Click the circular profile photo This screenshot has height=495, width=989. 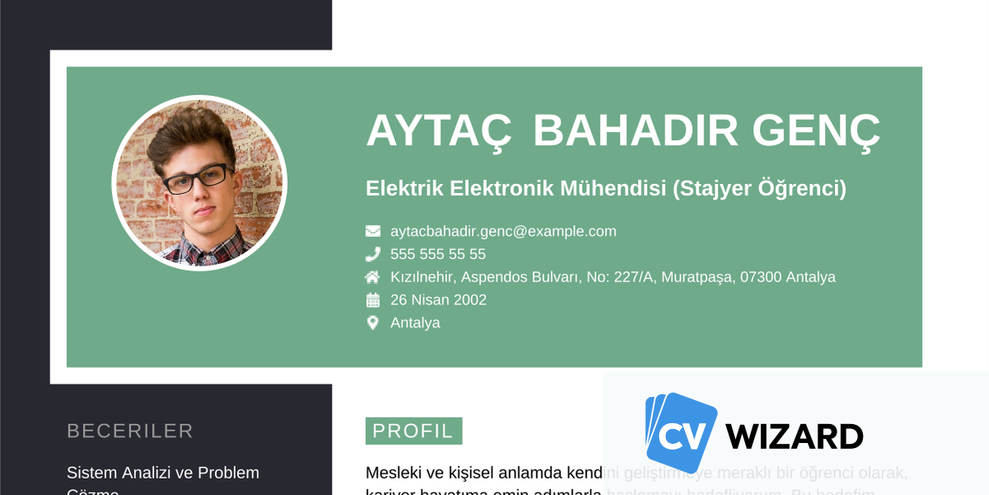pyautogui.click(x=199, y=183)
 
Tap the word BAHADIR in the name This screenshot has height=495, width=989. pyautogui.click(x=635, y=130)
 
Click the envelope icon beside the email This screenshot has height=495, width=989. pyautogui.click(x=373, y=231)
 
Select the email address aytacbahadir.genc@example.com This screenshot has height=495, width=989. pyautogui.click(x=503, y=231)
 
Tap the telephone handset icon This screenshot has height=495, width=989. pyautogui.click(x=373, y=254)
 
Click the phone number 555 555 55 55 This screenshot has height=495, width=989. pyautogui.click(x=438, y=254)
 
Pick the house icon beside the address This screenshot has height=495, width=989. pyautogui.click(x=373, y=277)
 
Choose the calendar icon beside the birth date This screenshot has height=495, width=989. pyautogui.click(x=373, y=299)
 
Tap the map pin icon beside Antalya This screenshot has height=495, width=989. pyautogui.click(x=373, y=323)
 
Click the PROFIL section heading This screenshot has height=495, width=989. pyautogui.click(x=413, y=431)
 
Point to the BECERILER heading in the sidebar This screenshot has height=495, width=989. pyautogui.click(x=130, y=431)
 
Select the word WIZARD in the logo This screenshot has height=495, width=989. pyautogui.click(x=794, y=436)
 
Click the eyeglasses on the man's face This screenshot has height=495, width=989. pyautogui.click(x=198, y=177)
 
